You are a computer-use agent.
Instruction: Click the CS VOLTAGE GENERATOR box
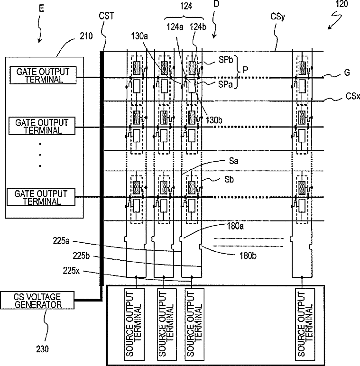tap(37, 301)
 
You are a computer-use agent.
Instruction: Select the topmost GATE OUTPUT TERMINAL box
tap(43, 75)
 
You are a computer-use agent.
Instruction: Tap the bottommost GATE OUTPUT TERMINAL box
tap(41, 197)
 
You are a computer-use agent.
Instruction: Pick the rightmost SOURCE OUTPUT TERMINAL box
tap(305, 324)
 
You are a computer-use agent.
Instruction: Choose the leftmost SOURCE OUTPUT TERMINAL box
tap(134, 324)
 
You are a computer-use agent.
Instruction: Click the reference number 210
tap(86, 36)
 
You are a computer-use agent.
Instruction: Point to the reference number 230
tap(43, 349)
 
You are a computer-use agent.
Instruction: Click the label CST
tap(106, 16)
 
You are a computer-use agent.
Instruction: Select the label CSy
tap(278, 17)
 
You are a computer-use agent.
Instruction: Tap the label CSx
tap(353, 96)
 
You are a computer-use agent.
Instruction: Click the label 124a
tap(175, 27)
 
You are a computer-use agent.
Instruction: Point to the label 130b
tap(214, 120)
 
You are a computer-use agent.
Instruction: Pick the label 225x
tap(71, 271)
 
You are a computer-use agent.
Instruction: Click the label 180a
tap(235, 226)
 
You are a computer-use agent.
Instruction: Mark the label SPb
tap(226, 60)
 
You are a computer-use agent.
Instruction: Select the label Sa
tap(234, 161)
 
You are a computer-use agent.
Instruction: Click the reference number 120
tap(342, 4)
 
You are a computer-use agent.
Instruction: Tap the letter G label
tap(347, 73)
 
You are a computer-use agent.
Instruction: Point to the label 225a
tap(61, 241)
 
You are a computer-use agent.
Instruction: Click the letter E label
tap(41, 9)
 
